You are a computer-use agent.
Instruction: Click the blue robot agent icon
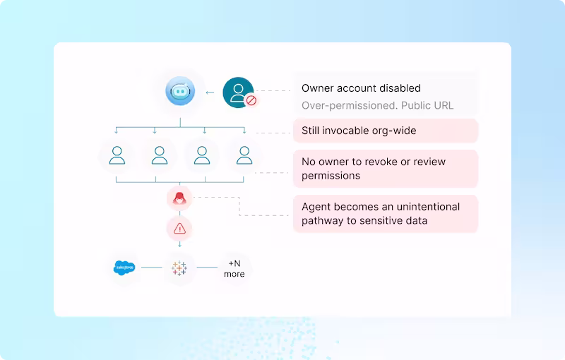[180, 92]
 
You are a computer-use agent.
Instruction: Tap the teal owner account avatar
[238, 92]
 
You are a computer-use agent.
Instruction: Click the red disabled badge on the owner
[250, 100]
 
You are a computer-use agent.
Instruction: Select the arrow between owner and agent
[209, 92]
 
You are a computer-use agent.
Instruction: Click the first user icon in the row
[117, 155]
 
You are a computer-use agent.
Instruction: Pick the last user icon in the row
[244, 155]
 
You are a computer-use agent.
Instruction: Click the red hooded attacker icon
[179, 198]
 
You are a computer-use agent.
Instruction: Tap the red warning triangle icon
[179, 228]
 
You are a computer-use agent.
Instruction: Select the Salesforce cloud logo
[124, 268]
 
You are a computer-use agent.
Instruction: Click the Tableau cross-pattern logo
[179, 268]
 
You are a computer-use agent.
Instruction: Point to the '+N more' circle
[234, 268]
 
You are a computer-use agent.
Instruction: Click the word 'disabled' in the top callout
[398, 88]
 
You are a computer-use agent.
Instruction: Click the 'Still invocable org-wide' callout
[385, 131]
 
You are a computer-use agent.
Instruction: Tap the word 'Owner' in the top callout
[317, 88]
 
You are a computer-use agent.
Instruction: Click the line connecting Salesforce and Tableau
[152, 268]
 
